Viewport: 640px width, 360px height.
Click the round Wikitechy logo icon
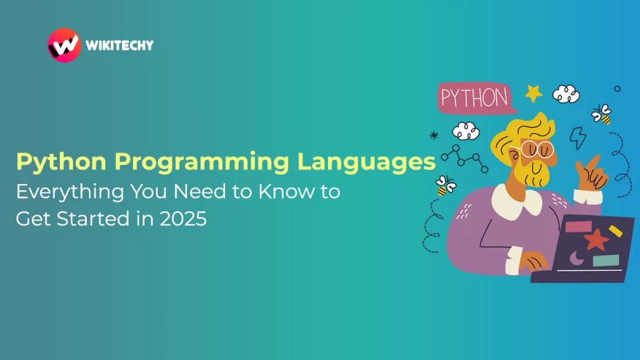coord(64,45)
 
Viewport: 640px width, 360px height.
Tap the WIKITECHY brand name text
coord(120,45)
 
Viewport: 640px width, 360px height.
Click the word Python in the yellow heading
coord(61,162)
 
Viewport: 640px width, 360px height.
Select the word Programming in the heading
coord(202,162)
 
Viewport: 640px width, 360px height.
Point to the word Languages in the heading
coord(366,162)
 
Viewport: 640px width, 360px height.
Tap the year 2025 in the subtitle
coord(183,219)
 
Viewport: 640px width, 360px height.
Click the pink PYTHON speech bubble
coord(476,98)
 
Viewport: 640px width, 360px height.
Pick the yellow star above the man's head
coord(533,93)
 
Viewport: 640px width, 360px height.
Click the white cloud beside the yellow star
coord(566,94)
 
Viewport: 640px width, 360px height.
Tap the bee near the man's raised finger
coord(601,114)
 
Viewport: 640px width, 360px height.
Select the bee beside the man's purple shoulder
coord(445,186)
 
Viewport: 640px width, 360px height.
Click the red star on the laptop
coord(596,240)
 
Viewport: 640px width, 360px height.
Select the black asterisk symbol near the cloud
coord(434,135)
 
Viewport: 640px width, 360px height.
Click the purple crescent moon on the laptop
coord(576,258)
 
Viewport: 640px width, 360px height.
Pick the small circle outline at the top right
coord(617,88)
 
